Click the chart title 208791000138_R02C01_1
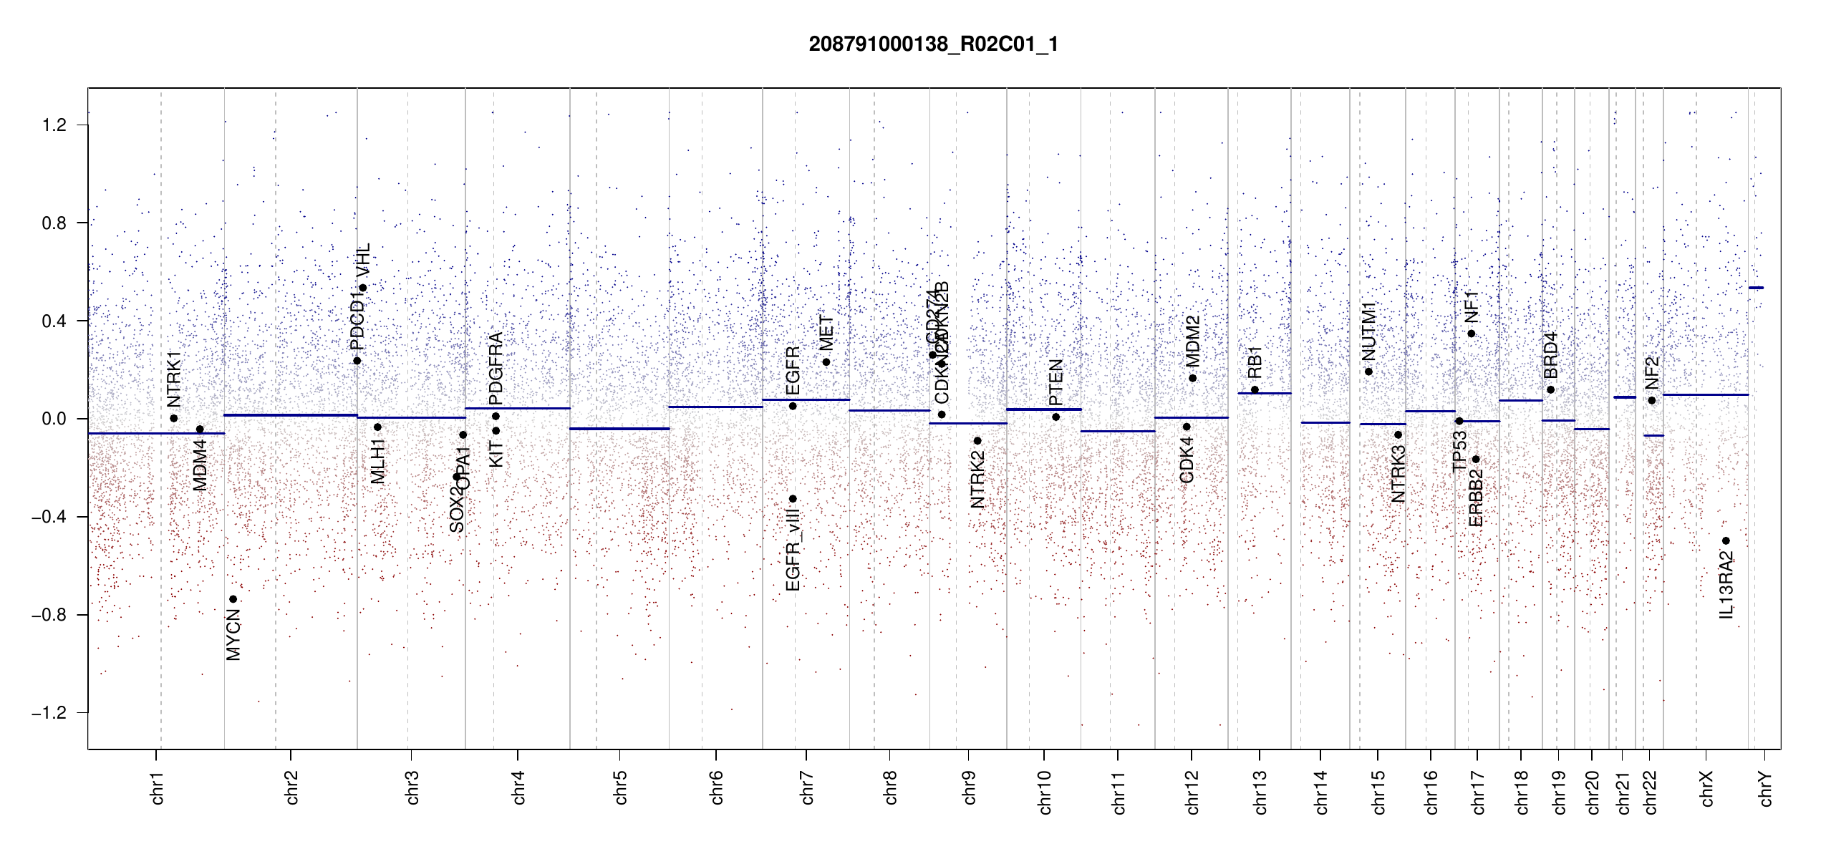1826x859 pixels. click(x=933, y=44)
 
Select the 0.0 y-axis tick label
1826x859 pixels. click(x=54, y=419)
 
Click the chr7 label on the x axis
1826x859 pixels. click(x=807, y=787)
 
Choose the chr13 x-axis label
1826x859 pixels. click(x=1260, y=792)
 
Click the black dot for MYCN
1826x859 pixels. click(x=233, y=599)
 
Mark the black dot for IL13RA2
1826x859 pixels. click(x=1726, y=541)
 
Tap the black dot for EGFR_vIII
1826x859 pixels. click(x=793, y=499)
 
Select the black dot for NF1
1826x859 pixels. click(x=1472, y=334)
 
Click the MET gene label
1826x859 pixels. click(x=826, y=333)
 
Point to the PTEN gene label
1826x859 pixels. click(x=1055, y=383)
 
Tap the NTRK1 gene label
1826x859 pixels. click(x=173, y=379)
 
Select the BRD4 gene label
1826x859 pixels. click(x=1550, y=356)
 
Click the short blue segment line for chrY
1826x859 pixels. click(x=1756, y=288)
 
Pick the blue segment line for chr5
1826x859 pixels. click(x=619, y=429)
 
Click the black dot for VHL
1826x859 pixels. click(x=363, y=288)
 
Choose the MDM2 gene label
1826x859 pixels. click(x=1192, y=341)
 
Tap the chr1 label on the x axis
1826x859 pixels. click(x=158, y=787)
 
